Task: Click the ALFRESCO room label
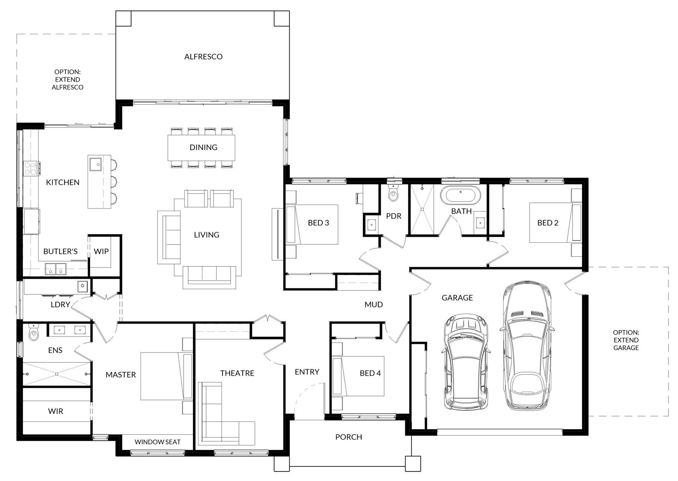203,56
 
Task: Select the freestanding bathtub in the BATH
460,196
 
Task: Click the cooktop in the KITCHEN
30,168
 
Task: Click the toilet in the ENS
34,332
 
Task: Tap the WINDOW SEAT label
157,442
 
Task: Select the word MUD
374,305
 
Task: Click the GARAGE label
457,298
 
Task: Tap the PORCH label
349,437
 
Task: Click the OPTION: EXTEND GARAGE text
626,340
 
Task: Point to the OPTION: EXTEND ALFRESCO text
67,79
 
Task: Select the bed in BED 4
358,376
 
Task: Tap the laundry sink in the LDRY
82,286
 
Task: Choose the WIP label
101,251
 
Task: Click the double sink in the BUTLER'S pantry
55,269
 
